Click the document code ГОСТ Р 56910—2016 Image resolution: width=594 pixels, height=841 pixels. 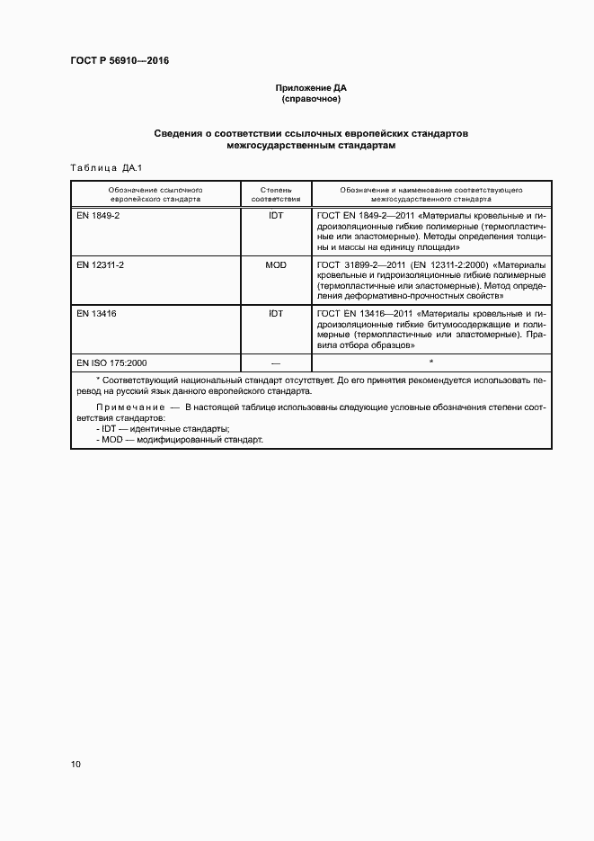120,61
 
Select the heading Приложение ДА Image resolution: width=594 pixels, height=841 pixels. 311,88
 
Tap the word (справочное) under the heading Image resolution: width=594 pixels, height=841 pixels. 311,99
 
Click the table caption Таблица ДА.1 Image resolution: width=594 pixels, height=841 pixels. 100,168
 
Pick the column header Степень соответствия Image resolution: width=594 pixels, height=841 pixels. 275,194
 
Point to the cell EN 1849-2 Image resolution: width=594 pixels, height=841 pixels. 98,217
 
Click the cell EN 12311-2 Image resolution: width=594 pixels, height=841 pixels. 101,265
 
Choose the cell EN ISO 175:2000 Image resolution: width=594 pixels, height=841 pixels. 111,362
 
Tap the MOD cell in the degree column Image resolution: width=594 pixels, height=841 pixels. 275,265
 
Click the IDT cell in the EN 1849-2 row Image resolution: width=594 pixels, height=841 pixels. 275,217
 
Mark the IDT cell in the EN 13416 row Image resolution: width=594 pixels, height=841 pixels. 275,314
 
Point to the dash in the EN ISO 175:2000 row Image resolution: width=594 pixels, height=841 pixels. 275,362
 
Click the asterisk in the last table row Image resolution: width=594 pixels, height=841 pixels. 431,362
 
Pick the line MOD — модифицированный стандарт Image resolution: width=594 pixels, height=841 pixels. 179,440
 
